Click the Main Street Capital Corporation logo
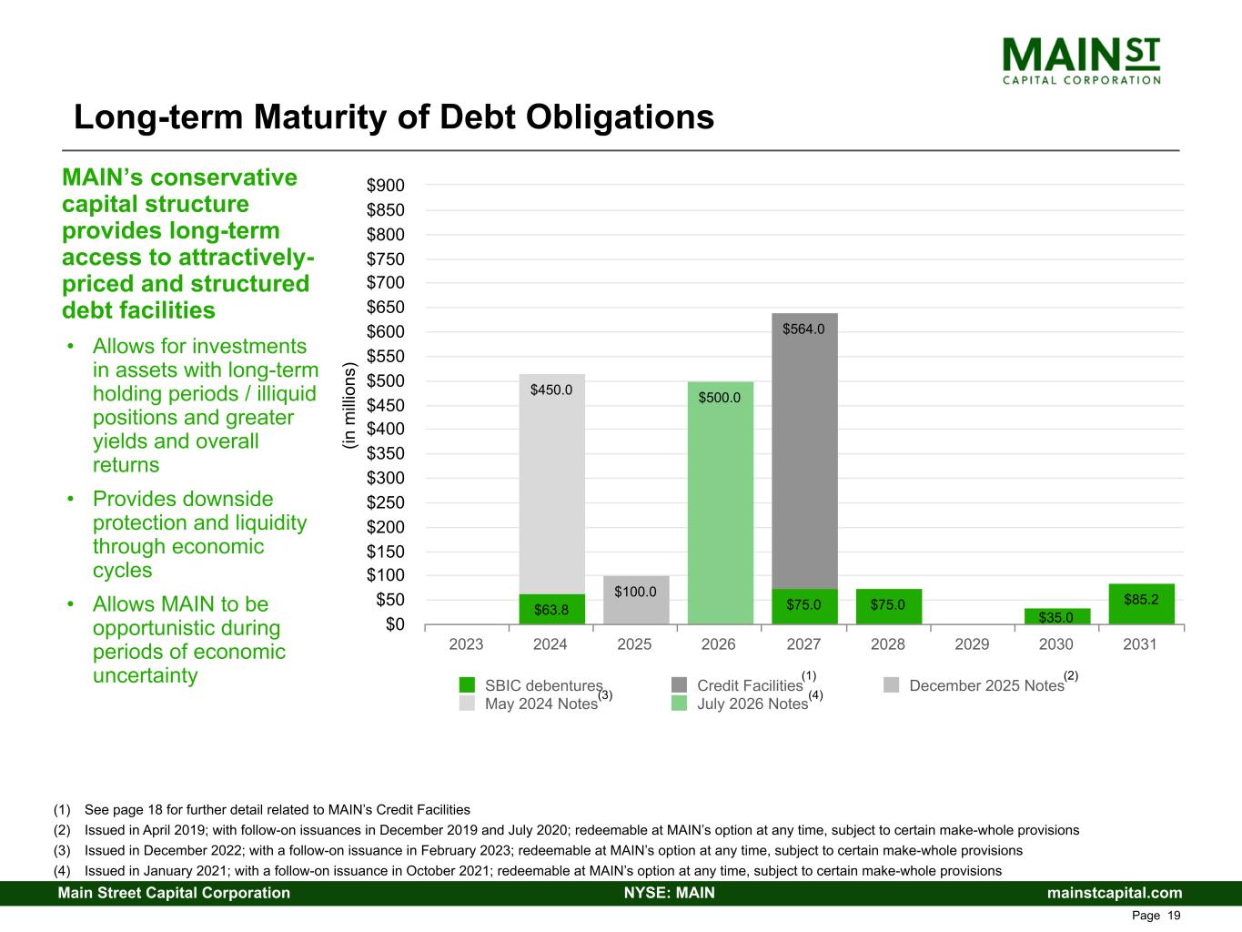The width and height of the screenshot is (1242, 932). point(1081,60)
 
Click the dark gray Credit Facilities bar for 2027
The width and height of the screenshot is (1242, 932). point(804,455)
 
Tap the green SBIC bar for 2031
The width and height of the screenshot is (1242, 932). point(1141,604)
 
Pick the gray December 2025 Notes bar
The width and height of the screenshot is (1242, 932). point(636,601)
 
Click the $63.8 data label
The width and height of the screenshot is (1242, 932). point(551,610)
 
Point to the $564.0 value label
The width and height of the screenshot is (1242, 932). point(803,329)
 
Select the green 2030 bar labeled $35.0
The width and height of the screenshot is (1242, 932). point(1056,616)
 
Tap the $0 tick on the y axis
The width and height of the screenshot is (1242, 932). point(393,624)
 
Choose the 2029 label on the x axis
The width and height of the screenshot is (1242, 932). point(972,644)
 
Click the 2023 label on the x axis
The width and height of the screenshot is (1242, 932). point(467,644)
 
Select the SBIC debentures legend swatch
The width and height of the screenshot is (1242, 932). point(468,685)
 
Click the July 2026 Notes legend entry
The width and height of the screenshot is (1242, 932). point(752,704)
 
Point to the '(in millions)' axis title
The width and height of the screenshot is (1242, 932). point(348,405)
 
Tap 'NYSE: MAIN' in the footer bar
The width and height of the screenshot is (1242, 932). point(669,893)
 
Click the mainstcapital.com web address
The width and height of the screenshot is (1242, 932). point(1115,893)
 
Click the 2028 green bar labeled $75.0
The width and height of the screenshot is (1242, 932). point(888,606)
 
